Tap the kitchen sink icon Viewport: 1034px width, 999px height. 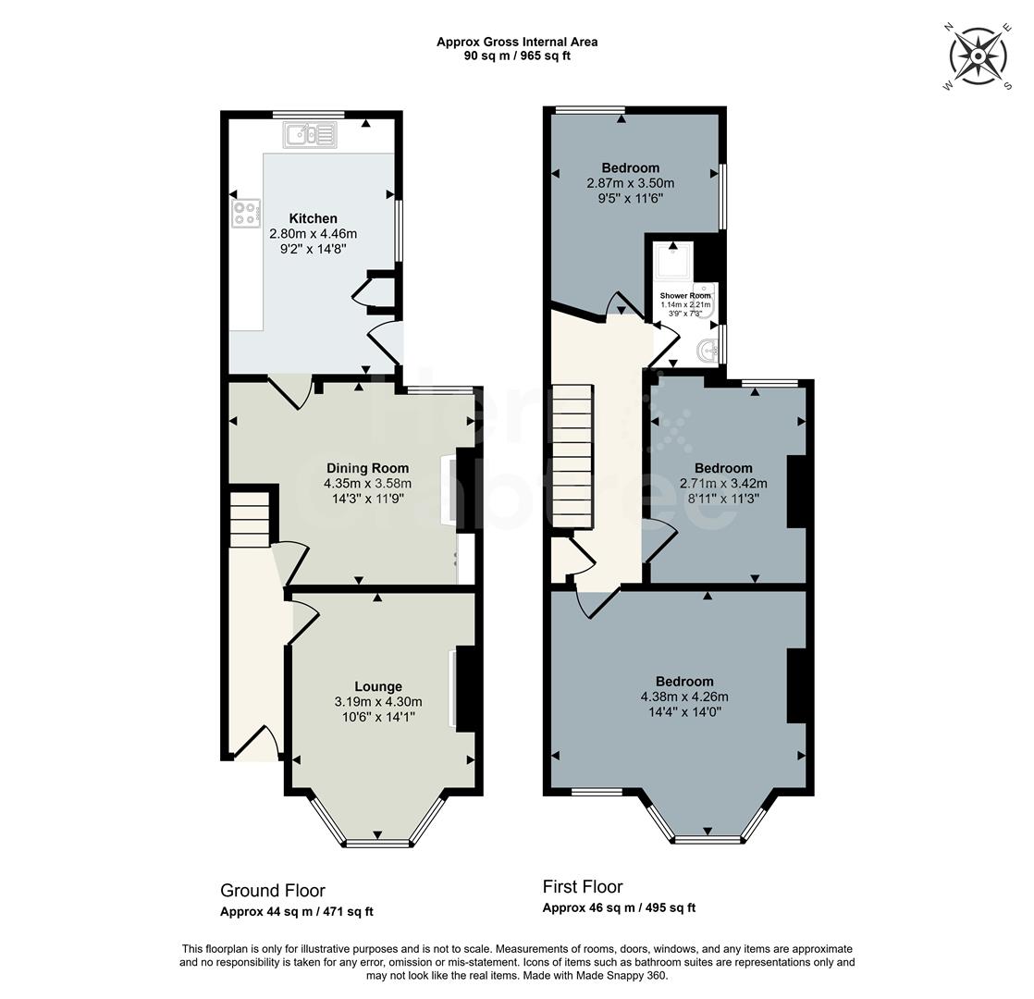click(312, 136)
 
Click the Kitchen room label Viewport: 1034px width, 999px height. click(313, 218)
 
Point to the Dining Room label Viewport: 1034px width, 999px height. click(367, 468)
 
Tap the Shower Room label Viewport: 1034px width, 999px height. click(685, 296)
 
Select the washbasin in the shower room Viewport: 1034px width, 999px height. click(708, 350)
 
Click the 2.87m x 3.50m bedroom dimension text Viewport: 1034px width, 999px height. click(631, 183)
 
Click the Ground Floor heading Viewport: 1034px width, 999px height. click(273, 891)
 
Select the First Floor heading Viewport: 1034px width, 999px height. click(583, 887)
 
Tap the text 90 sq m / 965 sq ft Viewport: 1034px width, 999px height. click(518, 55)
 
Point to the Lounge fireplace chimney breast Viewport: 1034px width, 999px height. click(466, 687)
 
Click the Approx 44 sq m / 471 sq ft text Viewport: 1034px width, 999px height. click(297, 912)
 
